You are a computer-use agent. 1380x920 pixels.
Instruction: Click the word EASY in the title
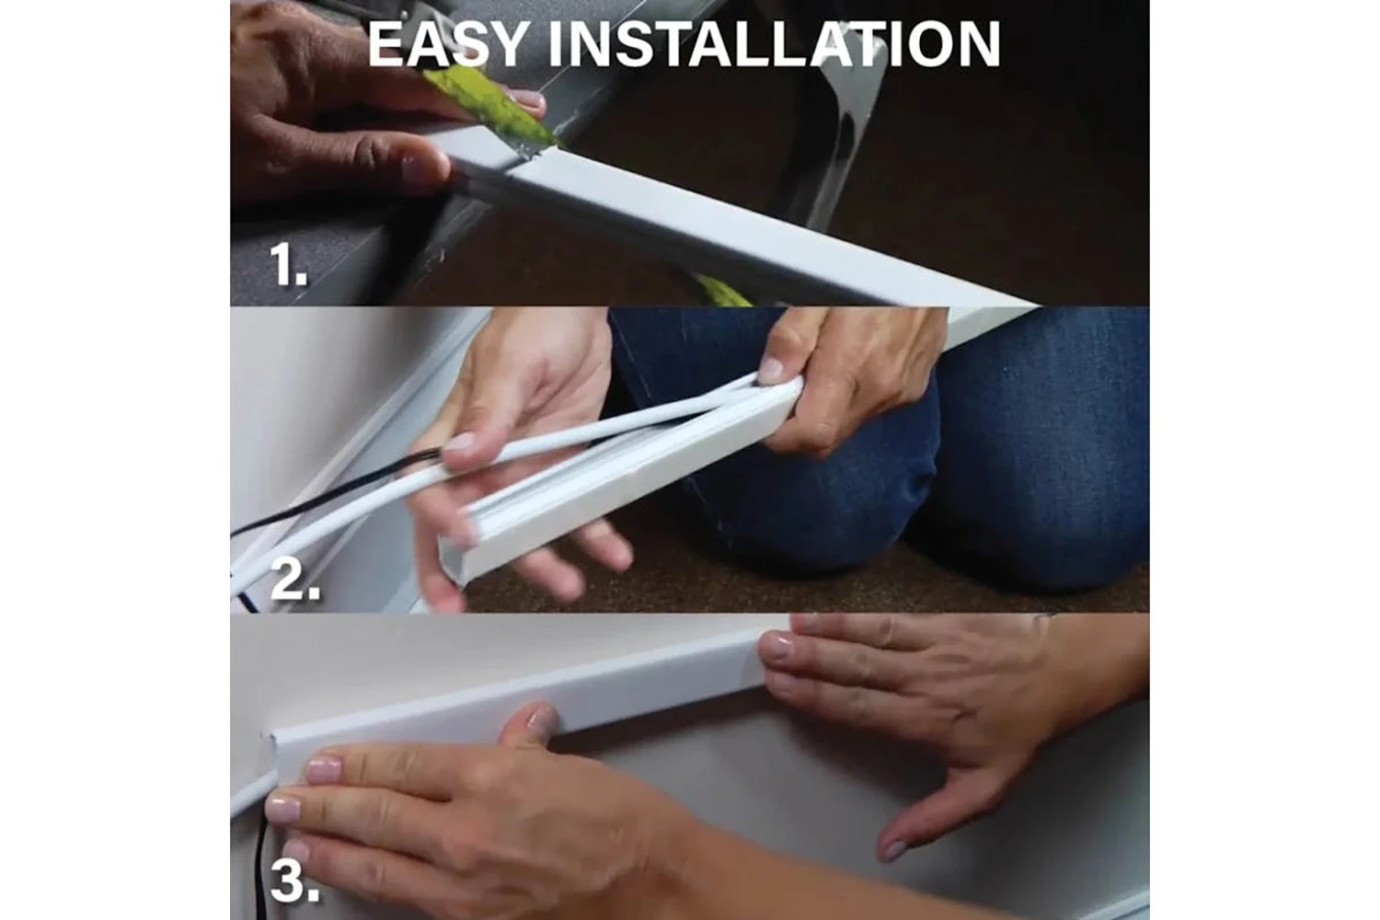(x=447, y=44)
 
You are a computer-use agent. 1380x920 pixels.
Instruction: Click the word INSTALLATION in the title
(x=774, y=44)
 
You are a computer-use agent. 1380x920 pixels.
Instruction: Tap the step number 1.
(x=288, y=264)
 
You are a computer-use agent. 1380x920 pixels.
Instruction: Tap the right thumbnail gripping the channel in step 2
(x=771, y=371)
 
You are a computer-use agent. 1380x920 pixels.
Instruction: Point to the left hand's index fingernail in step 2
(x=459, y=443)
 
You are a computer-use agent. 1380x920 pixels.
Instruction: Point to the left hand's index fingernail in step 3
(x=323, y=770)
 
